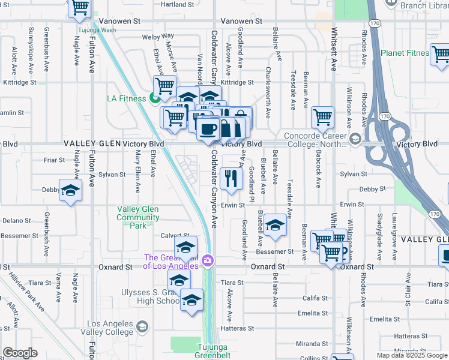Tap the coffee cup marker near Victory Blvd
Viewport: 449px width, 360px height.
tap(208, 130)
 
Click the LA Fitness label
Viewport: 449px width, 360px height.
tap(127, 98)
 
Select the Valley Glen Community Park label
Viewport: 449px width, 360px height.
tap(137, 217)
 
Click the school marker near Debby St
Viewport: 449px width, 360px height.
tap(70, 191)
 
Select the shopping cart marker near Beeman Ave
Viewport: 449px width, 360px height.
tap(322, 117)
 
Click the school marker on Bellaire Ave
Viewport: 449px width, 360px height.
tap(275, 225)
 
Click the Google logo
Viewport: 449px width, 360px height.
tap(20, 353)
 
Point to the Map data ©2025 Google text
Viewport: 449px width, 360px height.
tap(411, 355)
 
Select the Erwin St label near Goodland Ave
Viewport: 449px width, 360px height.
tap(233, 205)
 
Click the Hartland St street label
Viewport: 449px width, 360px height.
tap(178, 4)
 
